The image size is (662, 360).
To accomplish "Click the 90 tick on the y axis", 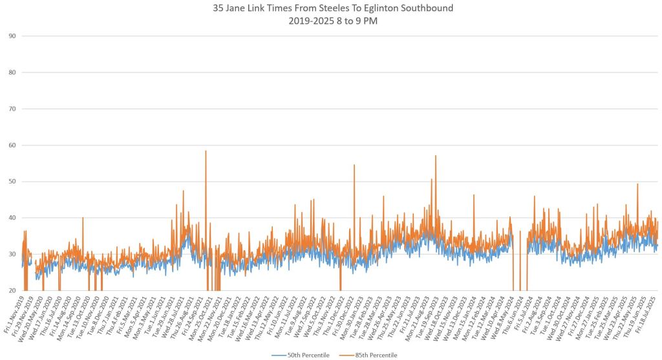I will point(12,36).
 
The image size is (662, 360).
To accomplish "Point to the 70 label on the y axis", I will point(12,109).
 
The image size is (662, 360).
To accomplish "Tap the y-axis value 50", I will point(12,182).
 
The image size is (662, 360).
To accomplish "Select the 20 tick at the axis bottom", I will point(12,291).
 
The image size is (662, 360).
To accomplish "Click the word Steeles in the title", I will point(322,8).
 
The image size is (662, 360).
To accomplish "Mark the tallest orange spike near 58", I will point(206,151).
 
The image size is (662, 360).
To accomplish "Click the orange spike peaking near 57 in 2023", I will point(436,156).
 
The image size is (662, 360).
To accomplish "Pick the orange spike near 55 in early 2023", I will point(354,165).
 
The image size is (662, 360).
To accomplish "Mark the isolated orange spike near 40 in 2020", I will point(83,218).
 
